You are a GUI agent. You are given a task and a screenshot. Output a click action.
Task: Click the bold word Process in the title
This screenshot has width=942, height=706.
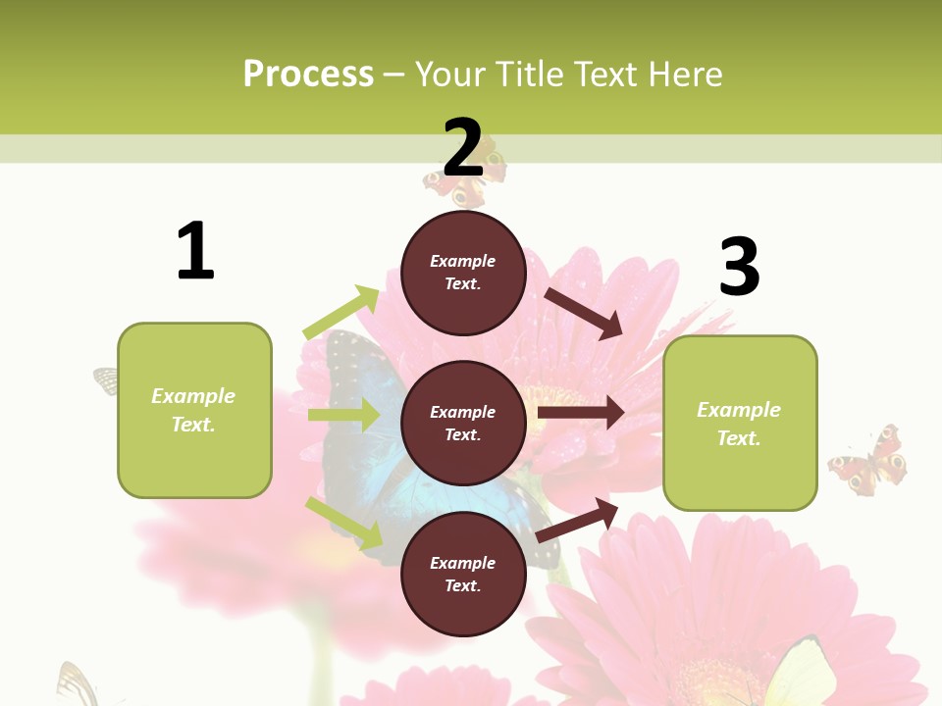pos(308,75)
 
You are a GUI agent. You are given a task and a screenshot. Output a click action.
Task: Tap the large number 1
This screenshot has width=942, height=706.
pos(195,251)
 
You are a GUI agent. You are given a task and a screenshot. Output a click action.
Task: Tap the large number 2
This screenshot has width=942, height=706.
pos(463,147)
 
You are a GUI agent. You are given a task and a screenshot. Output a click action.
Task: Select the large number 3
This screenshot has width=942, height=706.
pos(739,267)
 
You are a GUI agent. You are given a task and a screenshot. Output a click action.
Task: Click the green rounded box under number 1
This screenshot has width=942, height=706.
pos(194,410)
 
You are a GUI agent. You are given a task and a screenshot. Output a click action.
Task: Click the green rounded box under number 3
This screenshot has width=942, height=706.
pos(740,423)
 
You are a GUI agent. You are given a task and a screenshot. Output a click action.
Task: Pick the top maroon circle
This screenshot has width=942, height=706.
pos(463,273)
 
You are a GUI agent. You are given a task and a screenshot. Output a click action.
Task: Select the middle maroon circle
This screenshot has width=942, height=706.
pos(463,423)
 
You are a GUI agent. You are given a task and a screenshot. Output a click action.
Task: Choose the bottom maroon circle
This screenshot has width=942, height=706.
pos(463,574)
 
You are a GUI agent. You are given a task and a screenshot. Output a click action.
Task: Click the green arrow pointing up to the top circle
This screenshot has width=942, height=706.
pos(341,313)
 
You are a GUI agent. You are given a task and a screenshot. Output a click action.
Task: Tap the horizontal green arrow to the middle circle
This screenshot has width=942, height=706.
pos(343,415)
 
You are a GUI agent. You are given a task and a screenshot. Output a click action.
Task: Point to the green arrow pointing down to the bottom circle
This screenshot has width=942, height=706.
pos(344,524)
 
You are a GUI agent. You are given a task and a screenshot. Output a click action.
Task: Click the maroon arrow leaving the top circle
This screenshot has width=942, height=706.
pos(585,314)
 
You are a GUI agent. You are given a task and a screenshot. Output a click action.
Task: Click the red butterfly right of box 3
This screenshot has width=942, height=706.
pos(868,461)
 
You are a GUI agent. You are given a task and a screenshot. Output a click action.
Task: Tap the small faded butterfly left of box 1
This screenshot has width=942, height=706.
pos(106,379)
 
